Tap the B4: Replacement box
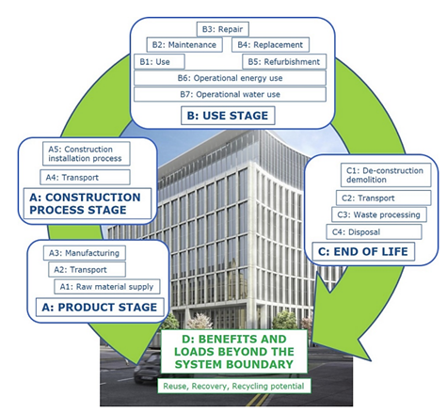tap(271, 45)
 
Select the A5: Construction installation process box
tap(87, 152)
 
